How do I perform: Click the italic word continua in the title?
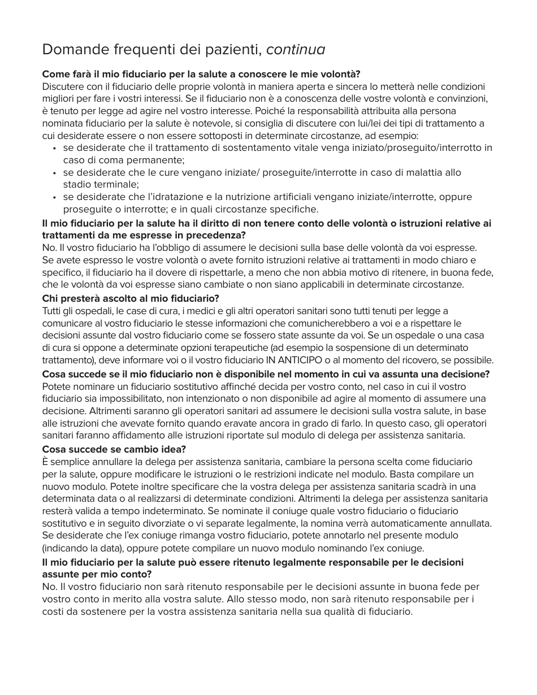(x=296, y=50)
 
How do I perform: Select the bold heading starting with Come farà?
(x=201, y=74)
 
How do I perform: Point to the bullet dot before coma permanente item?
(x=54, y=149)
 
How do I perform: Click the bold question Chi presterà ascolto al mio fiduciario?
(x=131, y=298)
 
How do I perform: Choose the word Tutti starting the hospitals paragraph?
(x=53, y=311)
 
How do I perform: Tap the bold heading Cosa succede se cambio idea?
(x=114, y=449)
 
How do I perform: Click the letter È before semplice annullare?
(x=45, y=462)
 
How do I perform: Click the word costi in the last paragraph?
(x=54, y=611)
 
